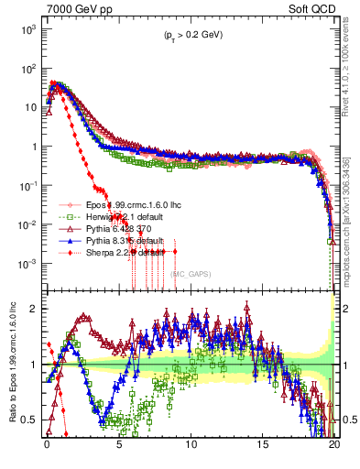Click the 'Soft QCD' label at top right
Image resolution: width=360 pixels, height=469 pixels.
coord(310,8)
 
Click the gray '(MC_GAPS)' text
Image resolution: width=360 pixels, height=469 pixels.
coord(188,273)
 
